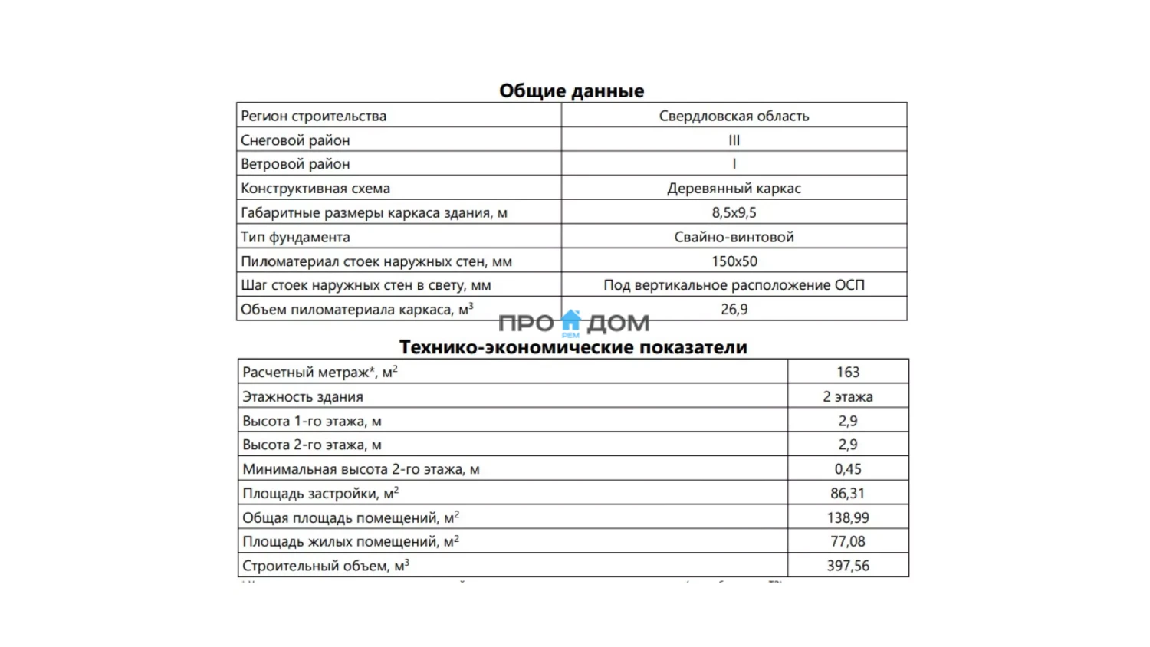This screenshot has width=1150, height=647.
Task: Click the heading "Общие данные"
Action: (571, 90)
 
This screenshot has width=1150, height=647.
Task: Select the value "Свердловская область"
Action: (734, 116)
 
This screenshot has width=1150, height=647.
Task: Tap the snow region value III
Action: (734, 140)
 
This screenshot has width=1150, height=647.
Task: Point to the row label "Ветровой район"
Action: (295, 164)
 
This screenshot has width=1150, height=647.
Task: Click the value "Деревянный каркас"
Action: (734, 189)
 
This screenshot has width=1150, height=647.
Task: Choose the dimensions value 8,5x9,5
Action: (734, 213)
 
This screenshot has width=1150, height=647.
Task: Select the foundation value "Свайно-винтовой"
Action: (734, 237)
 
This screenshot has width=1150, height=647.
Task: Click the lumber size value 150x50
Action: (734, 261)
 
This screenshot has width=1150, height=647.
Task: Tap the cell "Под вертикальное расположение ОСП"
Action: (734, 285)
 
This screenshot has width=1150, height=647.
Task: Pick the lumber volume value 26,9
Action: (734, 310)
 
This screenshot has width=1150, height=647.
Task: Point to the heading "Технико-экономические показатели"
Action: (573, 347)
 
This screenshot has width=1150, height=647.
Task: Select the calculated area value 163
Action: (848, 372)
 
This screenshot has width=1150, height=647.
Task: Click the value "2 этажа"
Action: (848, 396)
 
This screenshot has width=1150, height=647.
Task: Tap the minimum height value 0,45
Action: (848, 469)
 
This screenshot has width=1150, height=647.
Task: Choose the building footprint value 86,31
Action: (848, 494)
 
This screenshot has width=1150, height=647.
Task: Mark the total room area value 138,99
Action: (848, 518)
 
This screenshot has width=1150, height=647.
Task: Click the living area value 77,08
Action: (848, 542)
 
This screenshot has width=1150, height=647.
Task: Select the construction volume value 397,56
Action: (848, 566)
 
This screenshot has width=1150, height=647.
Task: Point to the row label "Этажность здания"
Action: (303, 397)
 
